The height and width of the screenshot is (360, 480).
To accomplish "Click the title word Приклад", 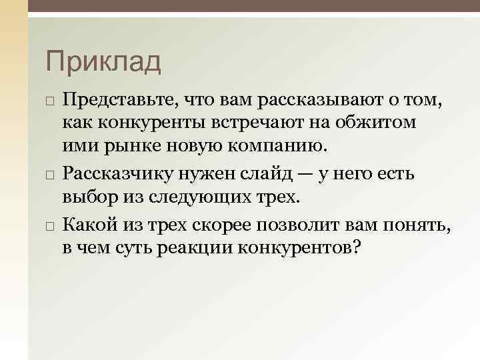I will [103, 62].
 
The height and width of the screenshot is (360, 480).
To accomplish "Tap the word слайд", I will [275, 175].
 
